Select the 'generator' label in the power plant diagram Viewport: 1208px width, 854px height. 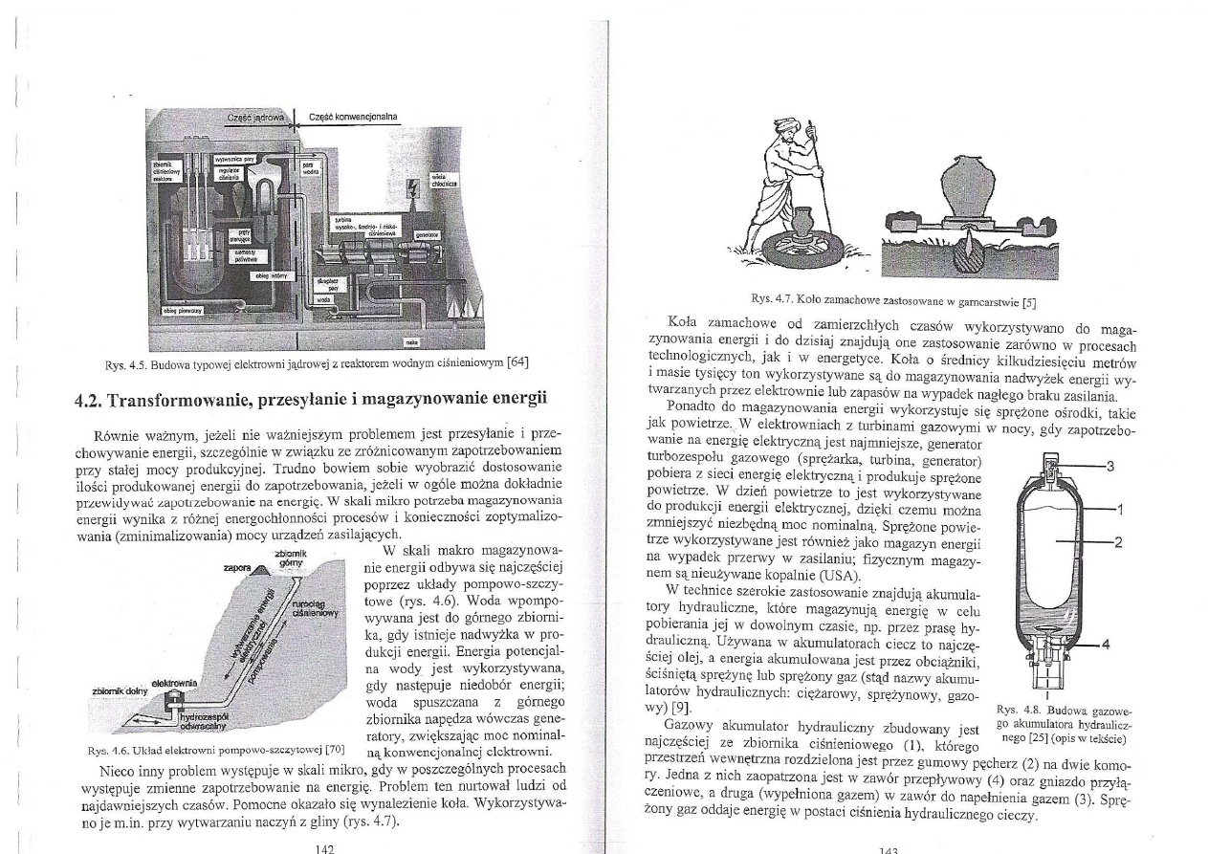point(427,232)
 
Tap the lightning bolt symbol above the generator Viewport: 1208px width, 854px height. point(412,188)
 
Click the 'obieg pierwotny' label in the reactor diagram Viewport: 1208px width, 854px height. point(180,310)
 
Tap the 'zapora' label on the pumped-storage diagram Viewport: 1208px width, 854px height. point(236,567)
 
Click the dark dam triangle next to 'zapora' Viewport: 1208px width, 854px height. point(260,571)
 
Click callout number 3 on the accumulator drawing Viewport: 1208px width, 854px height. point(1109,467)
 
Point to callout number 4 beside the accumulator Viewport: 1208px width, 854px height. point(1107,644)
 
